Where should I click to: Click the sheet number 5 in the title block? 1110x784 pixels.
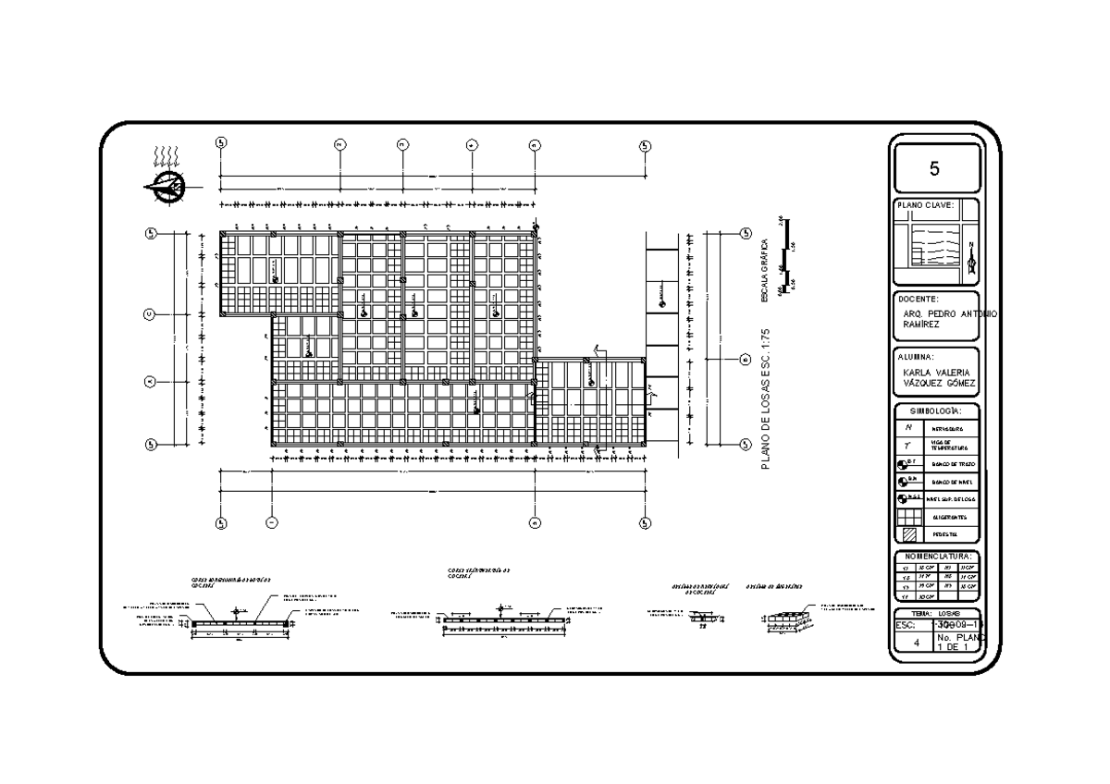934,169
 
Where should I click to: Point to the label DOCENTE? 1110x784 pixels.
918,300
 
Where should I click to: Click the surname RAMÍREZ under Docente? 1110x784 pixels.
921,325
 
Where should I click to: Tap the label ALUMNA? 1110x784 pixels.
916,356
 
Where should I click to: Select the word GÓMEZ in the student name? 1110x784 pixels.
957,383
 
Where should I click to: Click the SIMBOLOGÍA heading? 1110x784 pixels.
934,410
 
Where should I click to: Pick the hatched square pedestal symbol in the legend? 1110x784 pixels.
908,534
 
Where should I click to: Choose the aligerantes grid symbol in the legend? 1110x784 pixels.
908,517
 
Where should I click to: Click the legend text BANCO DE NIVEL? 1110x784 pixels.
953,481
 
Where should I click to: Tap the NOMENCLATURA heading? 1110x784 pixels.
935,556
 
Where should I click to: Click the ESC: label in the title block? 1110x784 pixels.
906,624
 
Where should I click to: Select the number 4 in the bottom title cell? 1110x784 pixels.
916,642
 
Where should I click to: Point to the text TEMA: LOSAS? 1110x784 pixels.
935,613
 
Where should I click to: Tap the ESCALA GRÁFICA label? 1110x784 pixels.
764,271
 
